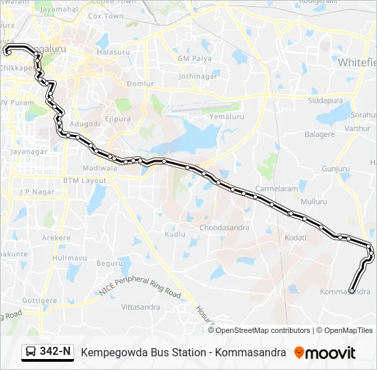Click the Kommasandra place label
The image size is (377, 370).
click(x=345, y=292)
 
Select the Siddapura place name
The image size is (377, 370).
click(x=324, y=100)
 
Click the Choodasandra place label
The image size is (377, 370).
click(x=220, y=227)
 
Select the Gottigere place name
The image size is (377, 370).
click(x=39, y=300)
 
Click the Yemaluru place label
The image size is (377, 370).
click(x=226, y=117)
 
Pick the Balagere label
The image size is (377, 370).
click(x=319, y=134)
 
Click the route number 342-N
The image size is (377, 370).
click(x=56, y=352)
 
